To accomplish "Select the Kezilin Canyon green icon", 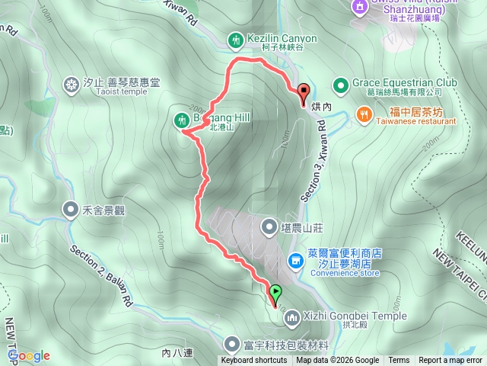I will (235, 39).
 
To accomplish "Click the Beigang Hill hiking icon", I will (181, 118).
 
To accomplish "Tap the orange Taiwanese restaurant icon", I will (364, 115).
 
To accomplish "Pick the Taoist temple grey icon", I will (72, 83).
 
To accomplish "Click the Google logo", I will (29, 355).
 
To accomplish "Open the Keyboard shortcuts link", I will (253, 361).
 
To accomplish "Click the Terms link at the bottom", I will (399, 361).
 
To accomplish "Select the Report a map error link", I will (451, 361).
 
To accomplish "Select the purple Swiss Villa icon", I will (358, 6).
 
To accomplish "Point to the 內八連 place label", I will (178, 353).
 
